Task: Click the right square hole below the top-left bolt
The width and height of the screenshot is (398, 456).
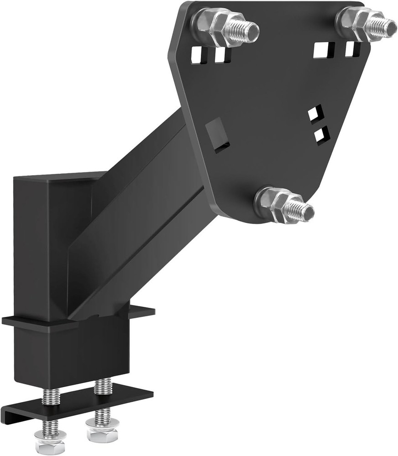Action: tap(221, 55)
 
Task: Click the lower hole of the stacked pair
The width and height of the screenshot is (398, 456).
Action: tap(321, 134)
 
